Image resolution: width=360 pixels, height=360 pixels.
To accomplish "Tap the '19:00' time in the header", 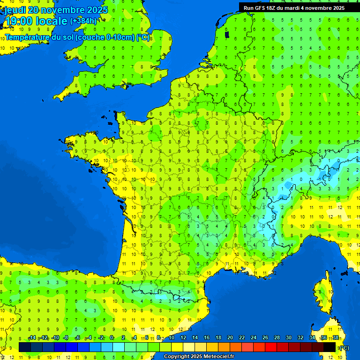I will click(19, 21).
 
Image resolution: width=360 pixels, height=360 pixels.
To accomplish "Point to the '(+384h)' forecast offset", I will click(83, 21).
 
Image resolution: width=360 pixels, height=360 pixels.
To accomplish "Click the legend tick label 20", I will click(230, 338).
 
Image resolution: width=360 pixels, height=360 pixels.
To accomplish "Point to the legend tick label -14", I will click(32, 338).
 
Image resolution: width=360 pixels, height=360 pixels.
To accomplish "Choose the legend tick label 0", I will click(112, 338).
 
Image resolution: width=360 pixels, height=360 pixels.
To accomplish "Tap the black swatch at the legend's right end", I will click(330, 347).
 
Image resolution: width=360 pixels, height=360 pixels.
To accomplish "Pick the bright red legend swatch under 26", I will click(271, 347).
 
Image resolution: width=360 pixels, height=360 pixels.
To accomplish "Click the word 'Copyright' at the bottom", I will click(176, 357).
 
